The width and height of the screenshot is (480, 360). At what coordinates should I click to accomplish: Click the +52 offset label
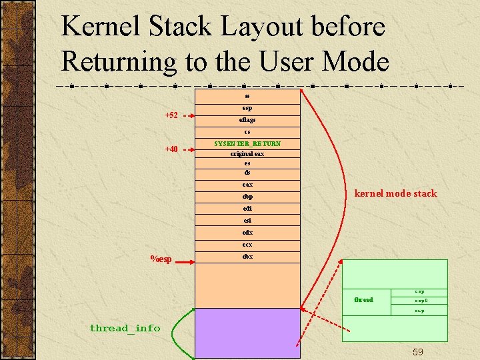coord(171,115)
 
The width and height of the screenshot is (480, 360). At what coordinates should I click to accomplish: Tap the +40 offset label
coord(171,149)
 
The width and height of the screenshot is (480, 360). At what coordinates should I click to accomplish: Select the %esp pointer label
coord(161,259)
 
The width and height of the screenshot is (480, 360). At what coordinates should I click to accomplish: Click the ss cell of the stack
coord(247,95)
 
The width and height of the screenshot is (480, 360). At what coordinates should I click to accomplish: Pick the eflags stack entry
coord(247,120)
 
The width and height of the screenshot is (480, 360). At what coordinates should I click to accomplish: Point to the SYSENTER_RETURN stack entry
coord(247,143)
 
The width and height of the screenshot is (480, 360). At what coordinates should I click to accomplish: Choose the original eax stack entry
coord(247,153)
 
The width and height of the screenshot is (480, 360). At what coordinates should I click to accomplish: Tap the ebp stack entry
coord(247,197)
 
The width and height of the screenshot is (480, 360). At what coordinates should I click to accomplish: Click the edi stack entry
coord(247,209)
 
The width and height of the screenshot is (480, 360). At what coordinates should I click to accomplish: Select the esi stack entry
coord(247,220)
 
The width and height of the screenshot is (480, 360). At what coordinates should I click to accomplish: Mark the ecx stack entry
coord(247,245)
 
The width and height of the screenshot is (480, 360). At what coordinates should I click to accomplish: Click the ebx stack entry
coord(247,257)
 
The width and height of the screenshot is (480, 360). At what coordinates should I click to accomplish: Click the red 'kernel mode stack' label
coord(395,193)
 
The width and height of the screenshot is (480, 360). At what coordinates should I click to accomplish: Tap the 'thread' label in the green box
coord(363,300)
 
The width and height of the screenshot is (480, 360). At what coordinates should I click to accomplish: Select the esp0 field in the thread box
coord(421,301)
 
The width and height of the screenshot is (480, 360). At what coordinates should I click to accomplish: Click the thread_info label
coord(125,327)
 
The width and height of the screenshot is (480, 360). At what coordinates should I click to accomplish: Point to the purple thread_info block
coord(247,333)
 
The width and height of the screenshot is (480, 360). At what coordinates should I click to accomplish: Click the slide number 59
coord(418,351)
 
